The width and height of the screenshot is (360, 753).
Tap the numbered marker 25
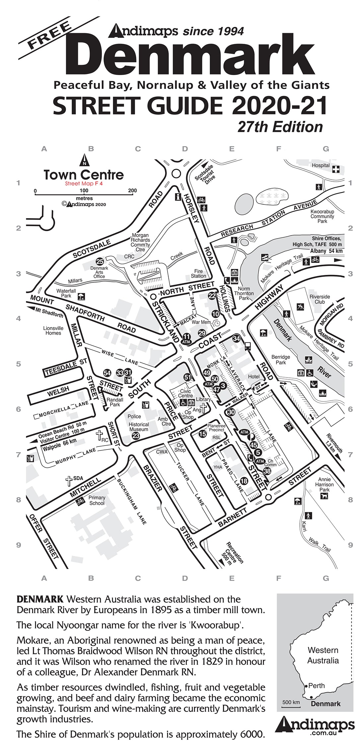tap(100, 262)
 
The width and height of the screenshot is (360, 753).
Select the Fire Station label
tap(198, 274)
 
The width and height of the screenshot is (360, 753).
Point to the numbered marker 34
tap(236, 339)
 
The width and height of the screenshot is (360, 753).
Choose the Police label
tap(134, 416)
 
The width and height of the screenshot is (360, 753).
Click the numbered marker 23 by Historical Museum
tap(136, 436)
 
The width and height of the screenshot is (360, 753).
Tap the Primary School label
tap(97, 500)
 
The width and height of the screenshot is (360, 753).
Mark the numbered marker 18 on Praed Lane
tap(244, 481)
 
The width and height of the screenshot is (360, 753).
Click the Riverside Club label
tap(320, 299)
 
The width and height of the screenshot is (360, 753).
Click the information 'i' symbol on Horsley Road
tap(178, 197)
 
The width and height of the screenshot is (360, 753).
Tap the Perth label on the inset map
tap(316, 686)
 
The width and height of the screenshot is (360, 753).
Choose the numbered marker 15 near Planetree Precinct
tap(202, 434)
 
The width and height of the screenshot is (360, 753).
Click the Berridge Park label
tap(281, 360)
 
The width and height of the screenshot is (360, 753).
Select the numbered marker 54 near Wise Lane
tap(107, 373)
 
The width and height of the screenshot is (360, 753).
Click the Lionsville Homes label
tap(53, 330)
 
